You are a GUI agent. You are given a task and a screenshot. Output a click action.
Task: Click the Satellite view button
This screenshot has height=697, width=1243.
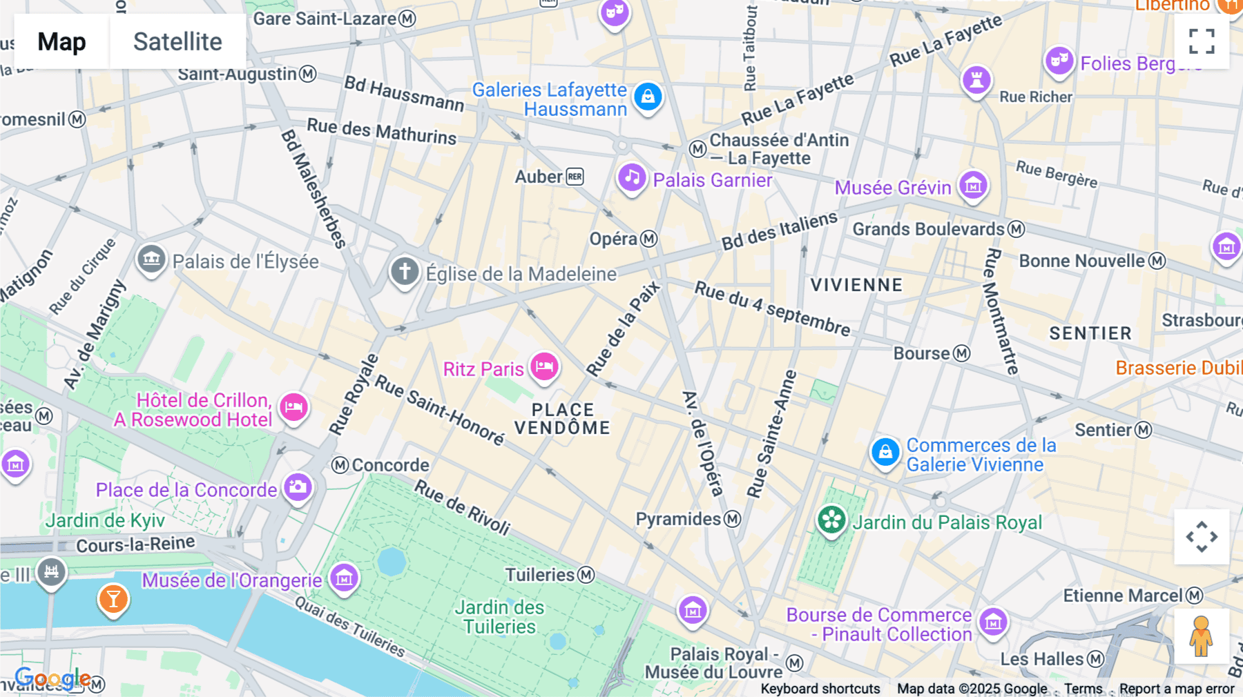[177, 41]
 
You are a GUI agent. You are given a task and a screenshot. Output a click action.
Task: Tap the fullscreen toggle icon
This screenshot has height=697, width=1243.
[1202, 41]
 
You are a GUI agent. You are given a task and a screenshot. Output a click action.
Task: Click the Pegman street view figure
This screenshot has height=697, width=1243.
[1202, 636]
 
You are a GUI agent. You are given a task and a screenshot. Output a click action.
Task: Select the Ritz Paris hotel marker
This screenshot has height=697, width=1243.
[544, 366]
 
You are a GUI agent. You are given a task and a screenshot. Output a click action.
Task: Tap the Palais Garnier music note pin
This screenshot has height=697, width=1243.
[631, 178]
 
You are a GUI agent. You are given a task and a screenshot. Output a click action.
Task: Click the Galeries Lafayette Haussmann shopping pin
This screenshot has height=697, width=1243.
[648, 97]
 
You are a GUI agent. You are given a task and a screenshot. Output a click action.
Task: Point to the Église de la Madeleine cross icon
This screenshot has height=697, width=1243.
[405, 271]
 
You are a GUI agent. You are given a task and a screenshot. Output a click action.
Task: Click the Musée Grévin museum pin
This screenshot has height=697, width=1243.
[973, 185]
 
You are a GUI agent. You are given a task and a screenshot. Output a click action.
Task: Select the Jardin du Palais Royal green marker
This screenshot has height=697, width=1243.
[831, 520]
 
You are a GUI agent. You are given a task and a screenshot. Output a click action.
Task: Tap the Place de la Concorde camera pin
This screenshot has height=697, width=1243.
[298, 487]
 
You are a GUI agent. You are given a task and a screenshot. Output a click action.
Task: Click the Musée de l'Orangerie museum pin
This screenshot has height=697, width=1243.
[344, 578]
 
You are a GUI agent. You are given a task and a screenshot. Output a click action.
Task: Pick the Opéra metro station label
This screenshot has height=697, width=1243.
[622, 239]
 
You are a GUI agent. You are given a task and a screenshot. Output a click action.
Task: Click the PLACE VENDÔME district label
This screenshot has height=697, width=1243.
[562, 419]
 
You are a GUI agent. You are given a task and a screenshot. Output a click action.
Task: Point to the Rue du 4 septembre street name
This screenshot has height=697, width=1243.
[772, 308]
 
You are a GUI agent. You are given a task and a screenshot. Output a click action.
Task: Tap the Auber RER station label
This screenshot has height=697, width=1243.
[549, 177]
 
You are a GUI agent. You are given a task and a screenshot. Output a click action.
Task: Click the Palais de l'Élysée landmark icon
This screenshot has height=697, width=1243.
[151, 259]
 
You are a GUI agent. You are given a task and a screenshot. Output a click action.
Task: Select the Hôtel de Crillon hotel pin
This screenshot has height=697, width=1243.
[294, 407]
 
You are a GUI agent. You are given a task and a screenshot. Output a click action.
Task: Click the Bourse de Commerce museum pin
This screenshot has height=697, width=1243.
[993, 622]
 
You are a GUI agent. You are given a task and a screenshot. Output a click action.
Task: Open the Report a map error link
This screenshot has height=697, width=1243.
[1176, 689]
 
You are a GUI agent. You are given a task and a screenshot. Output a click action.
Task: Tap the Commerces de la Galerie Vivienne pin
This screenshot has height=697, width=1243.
[885, 452]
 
